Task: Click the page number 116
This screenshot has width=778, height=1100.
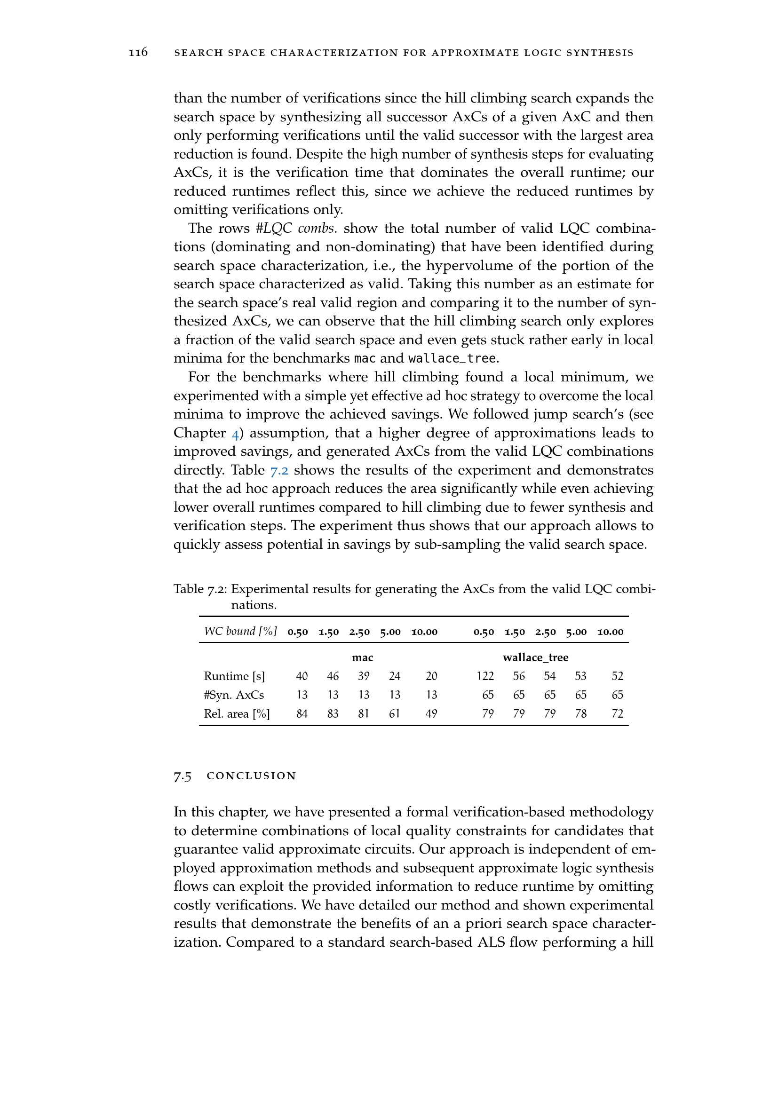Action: [138, 52]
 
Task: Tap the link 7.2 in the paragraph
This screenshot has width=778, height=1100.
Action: [279, 470]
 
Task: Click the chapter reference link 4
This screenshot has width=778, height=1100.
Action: [235, 433]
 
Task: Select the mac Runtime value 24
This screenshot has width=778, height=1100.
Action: [394, 676]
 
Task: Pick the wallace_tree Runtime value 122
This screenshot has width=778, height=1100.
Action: [485, 676]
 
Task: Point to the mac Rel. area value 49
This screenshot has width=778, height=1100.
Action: [431, 714]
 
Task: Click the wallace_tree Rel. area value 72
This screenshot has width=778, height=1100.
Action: [618, 714]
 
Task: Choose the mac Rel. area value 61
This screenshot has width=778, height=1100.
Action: [394, 714]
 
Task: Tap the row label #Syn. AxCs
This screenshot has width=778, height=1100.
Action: [234, 695]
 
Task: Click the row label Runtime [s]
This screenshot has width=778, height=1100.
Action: [234, 676]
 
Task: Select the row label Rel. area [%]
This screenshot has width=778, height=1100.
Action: [237, 714]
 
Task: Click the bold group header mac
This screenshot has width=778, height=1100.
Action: [362, 658]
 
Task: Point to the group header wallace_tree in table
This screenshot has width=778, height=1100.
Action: [535, 658]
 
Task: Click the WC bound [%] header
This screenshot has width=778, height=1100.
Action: [240, 631]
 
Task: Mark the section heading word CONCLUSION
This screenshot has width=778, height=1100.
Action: [252, 776]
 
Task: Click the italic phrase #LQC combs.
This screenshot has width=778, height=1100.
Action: [296, 229]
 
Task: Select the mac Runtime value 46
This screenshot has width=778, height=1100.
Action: [333, 676]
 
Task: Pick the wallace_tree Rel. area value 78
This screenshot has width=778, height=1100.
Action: [580, 714]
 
